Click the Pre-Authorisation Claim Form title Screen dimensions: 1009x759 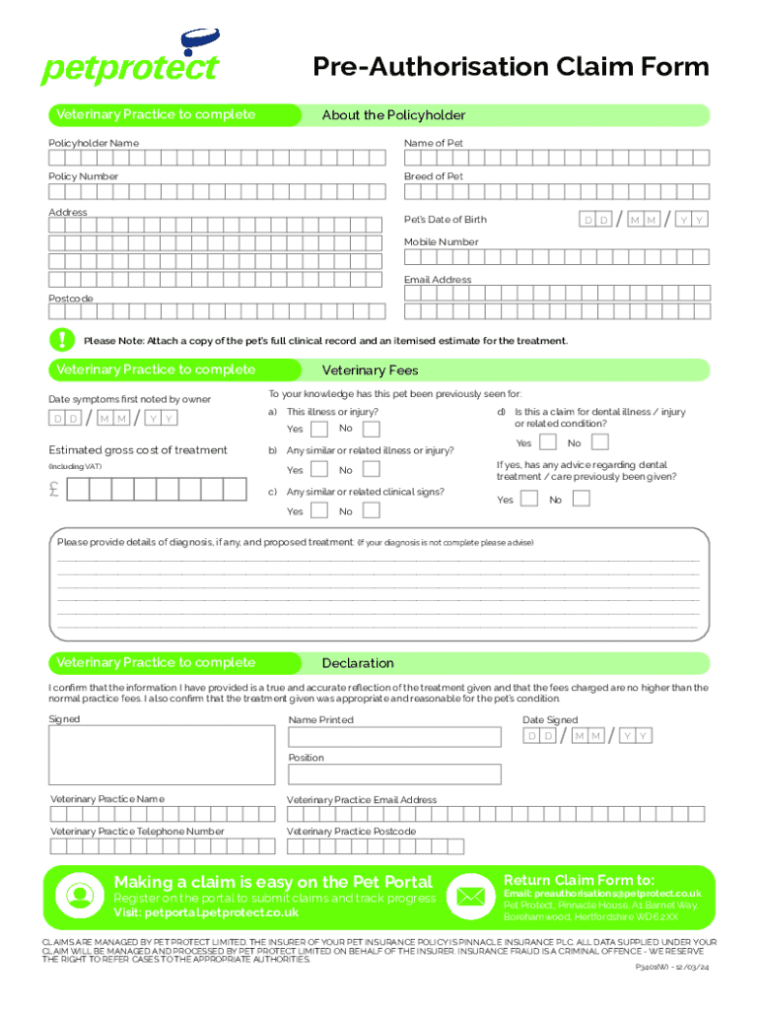click(511, 67)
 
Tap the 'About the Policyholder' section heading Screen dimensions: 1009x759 click(393, 115)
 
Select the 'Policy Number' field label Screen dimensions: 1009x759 click(84, 176)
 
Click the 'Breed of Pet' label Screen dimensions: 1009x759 click(433, 176)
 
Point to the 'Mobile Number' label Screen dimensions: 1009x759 click(441, 241)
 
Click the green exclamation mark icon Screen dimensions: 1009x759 click(62, 340)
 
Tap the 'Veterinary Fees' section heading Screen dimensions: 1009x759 click(370, 370)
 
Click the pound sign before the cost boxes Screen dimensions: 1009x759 click(57, 489)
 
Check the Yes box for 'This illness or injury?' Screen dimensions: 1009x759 click(319, 429)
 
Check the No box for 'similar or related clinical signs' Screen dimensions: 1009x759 click(371, 510)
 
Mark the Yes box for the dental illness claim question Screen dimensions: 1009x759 click(548, 442)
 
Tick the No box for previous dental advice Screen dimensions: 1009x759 click(582, 499)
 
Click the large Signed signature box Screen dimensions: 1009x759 click(163, 756)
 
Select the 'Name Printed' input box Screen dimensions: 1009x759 click(394, 736)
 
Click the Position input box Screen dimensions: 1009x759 click(394, 774)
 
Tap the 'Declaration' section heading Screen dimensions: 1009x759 click(358, 663)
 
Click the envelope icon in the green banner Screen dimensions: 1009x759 click(469, 896)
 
